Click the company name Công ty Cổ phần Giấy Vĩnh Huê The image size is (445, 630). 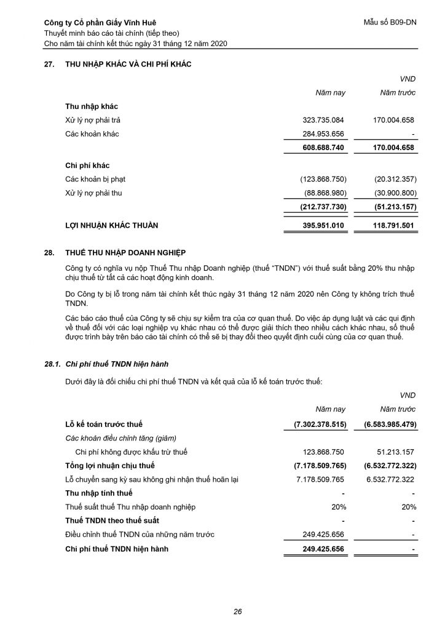coord(96,23)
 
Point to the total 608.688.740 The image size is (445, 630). coord(324,148)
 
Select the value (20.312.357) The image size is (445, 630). coord(395,180)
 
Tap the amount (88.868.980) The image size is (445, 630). coord(324,193)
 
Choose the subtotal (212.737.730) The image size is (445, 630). coord(323,207)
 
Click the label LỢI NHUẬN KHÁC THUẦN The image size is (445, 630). coord(111,226)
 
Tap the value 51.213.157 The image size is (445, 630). coord(394,452)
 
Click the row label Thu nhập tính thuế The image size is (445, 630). coord(98,493)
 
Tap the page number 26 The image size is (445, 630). coord(237,611)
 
